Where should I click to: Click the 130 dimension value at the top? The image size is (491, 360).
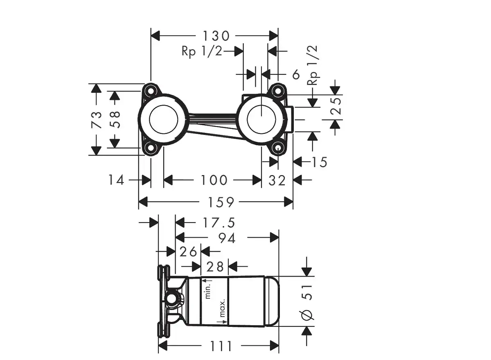[x=216, y=36]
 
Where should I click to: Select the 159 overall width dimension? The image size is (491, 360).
[x=221, y=202]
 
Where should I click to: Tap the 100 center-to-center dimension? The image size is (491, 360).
[x=214, y=180]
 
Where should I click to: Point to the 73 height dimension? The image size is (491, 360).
[x=97, y=120]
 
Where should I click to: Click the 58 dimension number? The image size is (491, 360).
[x=115, y=119]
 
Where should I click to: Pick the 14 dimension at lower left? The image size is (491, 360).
[x=116, y=180]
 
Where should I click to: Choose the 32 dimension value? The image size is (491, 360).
[x=277, y=180]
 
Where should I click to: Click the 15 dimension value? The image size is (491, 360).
[x=319, y=162]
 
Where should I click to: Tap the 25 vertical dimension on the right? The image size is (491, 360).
[x=336, y=106]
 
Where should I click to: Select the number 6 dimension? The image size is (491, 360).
[x=296, y=74]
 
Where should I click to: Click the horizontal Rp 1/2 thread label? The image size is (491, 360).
[x=202, y=52]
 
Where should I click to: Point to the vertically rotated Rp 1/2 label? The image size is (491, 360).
[x=312, y=65]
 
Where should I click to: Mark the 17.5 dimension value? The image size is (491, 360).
[x=218, y=223]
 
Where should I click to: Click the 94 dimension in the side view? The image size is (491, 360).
[x=227, y=239]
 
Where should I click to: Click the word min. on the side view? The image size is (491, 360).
[x=207, y=291]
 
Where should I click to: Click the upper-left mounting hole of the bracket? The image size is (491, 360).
[x=151, y=90]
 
